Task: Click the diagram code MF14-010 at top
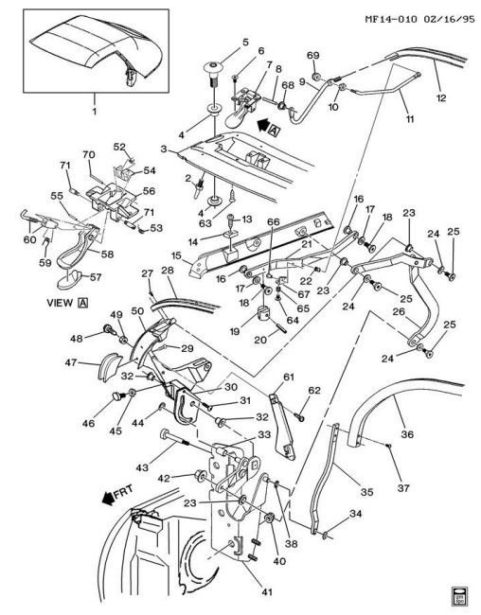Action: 390,19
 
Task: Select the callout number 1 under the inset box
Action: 95,112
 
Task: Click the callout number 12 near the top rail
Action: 441,97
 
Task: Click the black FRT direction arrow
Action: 107,499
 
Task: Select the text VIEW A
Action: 67,303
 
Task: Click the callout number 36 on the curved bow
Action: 407,434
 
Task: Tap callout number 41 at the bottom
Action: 267,592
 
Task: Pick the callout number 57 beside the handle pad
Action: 96,277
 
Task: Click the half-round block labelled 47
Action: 108,366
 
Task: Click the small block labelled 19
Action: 264,315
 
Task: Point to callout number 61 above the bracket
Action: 289,378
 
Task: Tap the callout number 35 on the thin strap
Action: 366,492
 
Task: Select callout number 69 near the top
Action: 313,55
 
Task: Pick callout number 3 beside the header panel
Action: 164,149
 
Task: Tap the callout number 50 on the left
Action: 137,311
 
